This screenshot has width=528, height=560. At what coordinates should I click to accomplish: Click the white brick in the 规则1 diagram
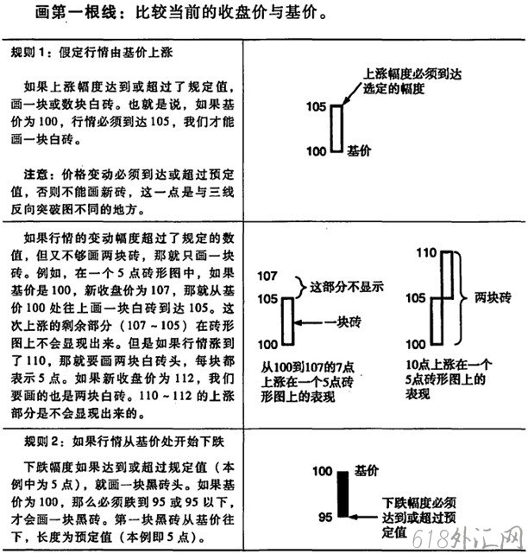337,128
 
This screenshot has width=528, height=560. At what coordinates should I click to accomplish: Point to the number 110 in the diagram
426,253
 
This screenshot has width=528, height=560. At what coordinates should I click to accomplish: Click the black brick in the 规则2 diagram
341,497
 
